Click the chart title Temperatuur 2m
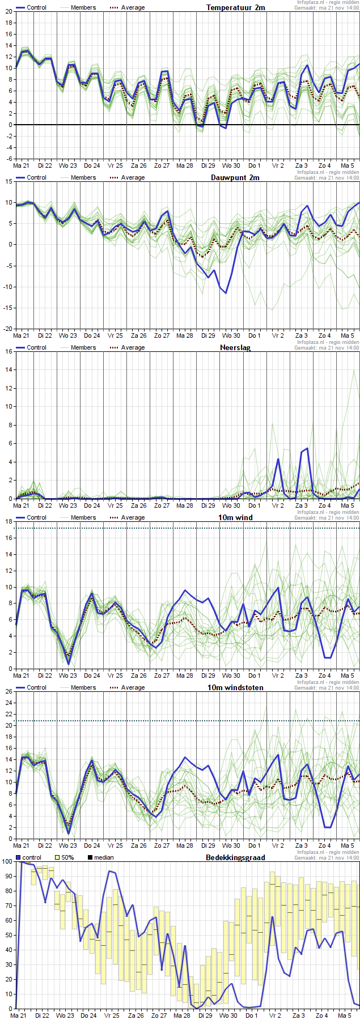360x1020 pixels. point(235,7)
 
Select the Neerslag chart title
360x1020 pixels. point(235,347)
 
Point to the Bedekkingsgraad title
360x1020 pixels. point(235,857)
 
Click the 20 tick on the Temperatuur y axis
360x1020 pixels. point(9,11)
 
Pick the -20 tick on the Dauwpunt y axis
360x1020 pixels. point(7,329)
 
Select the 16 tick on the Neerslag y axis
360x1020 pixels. point(9,351)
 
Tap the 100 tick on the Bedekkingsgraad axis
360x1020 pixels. point(7,861)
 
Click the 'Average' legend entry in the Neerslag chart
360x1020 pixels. point(133,347)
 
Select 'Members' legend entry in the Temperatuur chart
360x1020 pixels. point(83,7)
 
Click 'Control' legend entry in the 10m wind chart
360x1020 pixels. point(36,517)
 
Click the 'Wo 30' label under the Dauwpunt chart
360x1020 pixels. point(231,335)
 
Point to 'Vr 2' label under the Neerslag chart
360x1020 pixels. point(278,505)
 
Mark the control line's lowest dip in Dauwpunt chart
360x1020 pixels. point(226,293)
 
